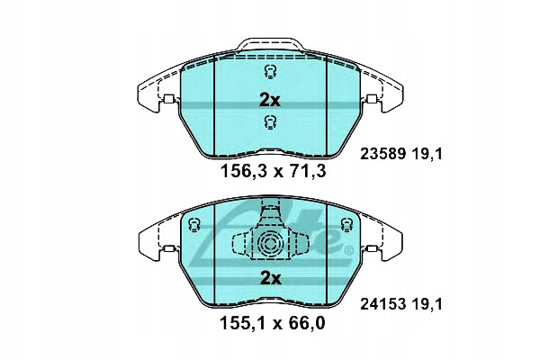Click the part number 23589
(x=382, y=154)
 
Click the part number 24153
(x=382, y=304)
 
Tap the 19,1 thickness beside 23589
(x=427, y=154)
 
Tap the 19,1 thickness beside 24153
(x=427, y=304)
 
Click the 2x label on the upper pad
(x=270, y=100)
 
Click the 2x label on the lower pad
(x=270, y=278)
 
